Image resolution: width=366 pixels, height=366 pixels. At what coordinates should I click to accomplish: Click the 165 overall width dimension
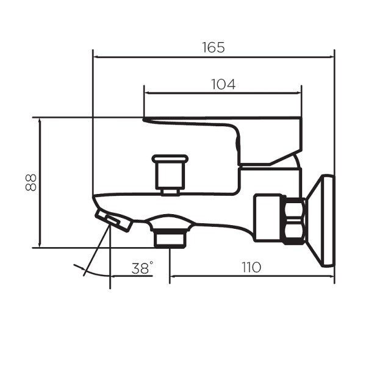tap(213, 48)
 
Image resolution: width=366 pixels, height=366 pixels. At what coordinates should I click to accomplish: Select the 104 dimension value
tap(223, 84)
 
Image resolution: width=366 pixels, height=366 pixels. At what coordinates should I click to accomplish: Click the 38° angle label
tap(142, 268)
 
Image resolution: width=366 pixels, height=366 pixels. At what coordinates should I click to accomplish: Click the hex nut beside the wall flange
tap(296, 221)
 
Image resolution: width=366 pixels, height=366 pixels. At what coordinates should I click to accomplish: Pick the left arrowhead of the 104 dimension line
tap(147, 93)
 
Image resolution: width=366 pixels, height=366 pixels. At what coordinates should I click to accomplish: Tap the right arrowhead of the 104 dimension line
tap(298, 93)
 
